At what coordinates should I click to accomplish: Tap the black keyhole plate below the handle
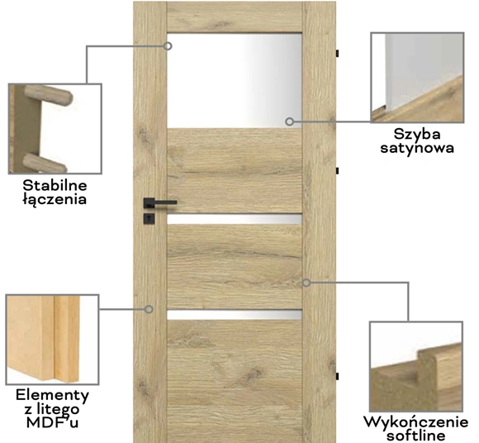[149, 218]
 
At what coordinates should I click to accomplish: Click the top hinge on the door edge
[337, 53]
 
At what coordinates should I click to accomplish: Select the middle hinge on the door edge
[337, 171]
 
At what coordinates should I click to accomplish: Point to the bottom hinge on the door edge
[337, 376]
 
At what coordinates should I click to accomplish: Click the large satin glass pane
[235, 80]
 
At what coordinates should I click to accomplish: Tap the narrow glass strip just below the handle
[235, 219]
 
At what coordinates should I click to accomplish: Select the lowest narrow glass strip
[235, 315]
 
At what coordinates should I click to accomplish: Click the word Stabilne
[55, 185]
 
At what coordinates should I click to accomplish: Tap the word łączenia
[55, 199]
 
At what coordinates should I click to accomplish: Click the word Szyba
[417, 134]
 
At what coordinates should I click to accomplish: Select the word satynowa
[417, 148]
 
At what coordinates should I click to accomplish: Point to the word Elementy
[52, 395]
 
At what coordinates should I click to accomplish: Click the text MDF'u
[52, 422]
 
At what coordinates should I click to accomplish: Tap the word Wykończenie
[415, 422]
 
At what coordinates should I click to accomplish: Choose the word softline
[415, 436]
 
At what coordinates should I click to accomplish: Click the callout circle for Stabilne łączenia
[168, 46]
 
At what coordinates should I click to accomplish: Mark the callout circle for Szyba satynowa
[290, 121]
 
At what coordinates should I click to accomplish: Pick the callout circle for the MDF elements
[149, 309]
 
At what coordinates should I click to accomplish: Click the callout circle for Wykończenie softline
[306, 283]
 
